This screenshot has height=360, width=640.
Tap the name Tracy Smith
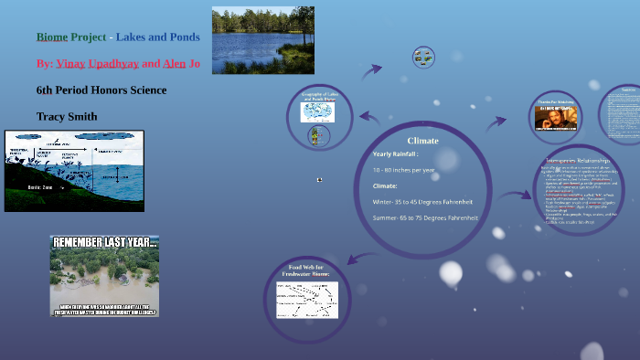pos(66,117)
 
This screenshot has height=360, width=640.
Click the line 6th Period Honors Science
pos(101,90)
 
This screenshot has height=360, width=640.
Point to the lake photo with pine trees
pos(262,40)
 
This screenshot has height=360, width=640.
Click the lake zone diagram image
pos(74,171)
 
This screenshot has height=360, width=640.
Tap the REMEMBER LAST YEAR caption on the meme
pos(104,244)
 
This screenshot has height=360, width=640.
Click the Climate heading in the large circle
pos(422,141)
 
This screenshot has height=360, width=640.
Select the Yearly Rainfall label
pos(396,154)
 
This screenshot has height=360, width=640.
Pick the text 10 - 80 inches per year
pos(403,170)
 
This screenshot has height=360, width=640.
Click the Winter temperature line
pos(422,201)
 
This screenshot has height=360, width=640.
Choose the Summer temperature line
pos(425,217)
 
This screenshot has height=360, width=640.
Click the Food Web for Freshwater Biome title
pos(307,270)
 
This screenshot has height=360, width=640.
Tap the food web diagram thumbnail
pos(307,299)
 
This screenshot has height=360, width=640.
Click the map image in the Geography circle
pos(317,111)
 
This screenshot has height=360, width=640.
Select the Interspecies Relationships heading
pos(577,162)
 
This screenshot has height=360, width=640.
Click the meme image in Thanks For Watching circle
pos(556,117)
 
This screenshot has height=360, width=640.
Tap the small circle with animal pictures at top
pos(422,57)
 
